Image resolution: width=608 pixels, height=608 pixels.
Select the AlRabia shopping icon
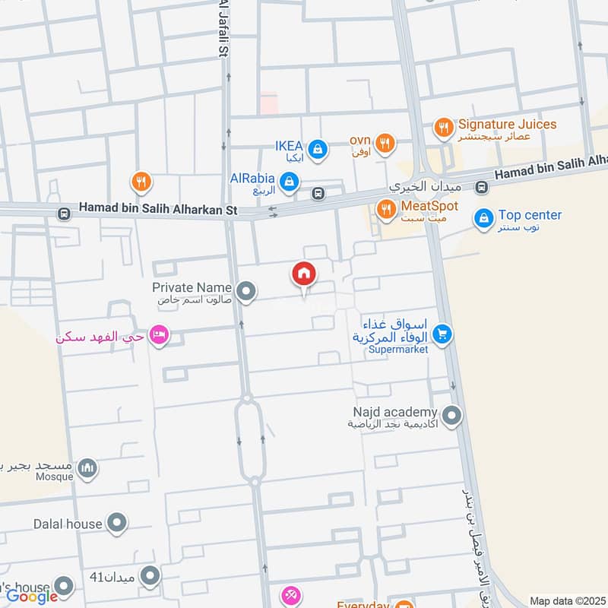[x=289, y=182]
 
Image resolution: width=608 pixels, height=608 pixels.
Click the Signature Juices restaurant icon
[x=444, y=128]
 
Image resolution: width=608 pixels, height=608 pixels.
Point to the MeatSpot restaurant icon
[x=386, y=208]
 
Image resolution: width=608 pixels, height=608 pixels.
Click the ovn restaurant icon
[x=386, y=142]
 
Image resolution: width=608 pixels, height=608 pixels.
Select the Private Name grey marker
[x=245, y=291]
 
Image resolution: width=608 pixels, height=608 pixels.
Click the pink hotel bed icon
[x=158, y=335]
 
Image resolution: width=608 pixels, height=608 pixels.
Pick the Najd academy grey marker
[x=452, y=416]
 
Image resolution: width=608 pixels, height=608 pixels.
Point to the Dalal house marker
[x=116, y=523]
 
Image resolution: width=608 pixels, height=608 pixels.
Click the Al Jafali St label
[x=223, y=27]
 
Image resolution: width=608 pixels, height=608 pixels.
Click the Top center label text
[x=530, y=215]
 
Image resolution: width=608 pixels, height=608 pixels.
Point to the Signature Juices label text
[x=507, y=124]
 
